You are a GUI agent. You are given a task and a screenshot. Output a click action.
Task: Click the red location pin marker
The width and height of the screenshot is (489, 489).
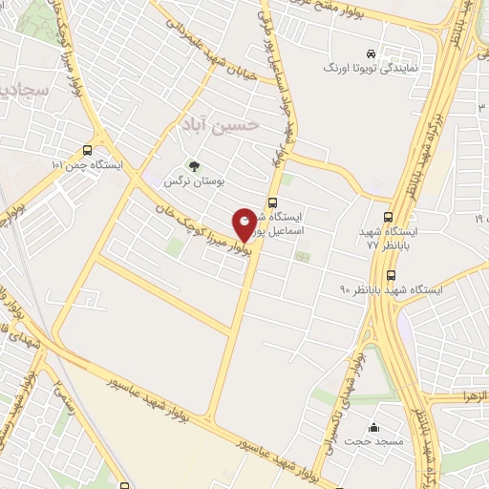point(245,225)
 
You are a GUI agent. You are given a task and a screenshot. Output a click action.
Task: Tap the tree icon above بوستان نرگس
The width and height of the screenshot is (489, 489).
point(194,166)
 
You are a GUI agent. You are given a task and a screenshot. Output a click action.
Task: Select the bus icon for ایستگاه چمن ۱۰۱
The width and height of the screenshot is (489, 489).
point(88,150)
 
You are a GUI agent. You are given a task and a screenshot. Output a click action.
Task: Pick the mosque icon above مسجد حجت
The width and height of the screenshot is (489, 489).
point(373,427)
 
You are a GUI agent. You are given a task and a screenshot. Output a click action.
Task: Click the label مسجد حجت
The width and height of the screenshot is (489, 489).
point(374,442)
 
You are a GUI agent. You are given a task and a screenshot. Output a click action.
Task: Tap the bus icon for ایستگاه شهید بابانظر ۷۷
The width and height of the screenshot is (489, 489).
point(388,218)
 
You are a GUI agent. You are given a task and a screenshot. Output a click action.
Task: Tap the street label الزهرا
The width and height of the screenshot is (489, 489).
point(474,395)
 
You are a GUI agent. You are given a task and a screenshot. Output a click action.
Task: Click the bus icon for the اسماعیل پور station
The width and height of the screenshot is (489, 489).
point(273,202)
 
